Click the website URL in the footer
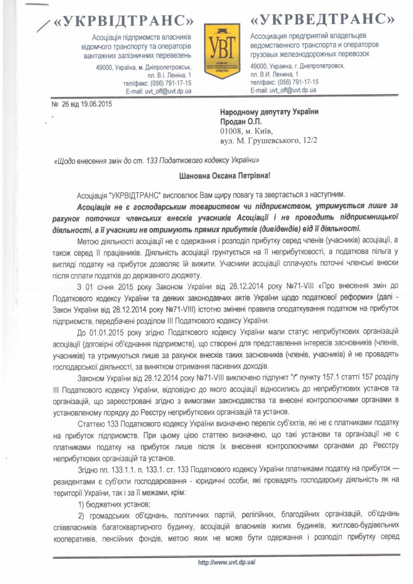click(x=226, y=563)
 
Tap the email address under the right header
click(x=284, y=90)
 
